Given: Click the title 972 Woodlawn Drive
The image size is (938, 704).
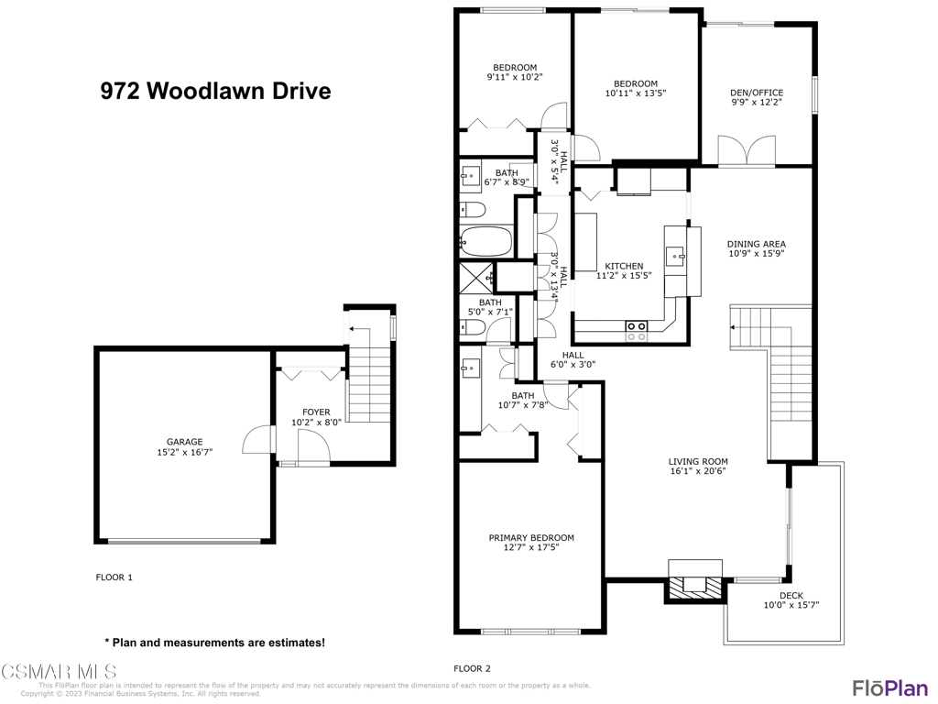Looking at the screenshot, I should pos(214,92).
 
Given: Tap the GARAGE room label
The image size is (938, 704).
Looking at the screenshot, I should pos(184,442).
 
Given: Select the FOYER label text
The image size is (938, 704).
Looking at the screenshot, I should pos(316,412).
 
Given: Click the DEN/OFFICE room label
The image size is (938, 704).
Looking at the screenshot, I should pos(757,93).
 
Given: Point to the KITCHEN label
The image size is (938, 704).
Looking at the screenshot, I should pos(624,266).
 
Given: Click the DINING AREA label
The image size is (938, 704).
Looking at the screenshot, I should pos(757,244).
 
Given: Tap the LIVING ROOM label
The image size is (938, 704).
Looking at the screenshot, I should pos(698,462).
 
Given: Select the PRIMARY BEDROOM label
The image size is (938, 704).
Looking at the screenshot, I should pos(531,538).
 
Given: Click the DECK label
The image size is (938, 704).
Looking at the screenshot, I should pos(791,596).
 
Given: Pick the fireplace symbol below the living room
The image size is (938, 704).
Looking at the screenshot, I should pos(693,584).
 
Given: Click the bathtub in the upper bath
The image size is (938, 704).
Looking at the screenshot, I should pos(485,242).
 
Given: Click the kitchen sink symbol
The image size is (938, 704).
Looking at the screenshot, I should pos(675,255).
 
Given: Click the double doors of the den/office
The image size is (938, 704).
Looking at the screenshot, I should pos(747,149).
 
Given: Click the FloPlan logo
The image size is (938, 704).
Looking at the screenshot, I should pos(889,687).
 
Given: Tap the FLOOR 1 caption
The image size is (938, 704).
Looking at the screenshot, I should pos(115,577).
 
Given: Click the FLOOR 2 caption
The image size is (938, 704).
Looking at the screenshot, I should pos(473,668).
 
